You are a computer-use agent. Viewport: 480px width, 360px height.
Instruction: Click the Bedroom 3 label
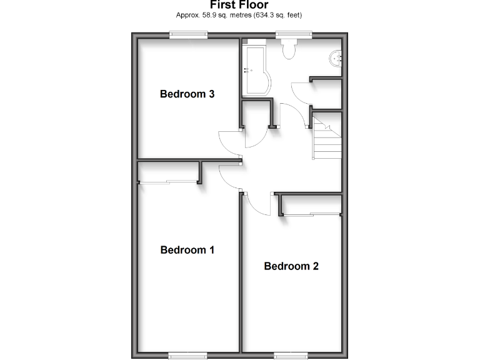point(187,94)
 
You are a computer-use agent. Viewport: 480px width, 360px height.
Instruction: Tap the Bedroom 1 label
point(187,250)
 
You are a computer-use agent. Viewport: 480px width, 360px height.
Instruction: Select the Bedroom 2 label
point(291,266)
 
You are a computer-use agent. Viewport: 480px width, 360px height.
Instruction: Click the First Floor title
point(239,5)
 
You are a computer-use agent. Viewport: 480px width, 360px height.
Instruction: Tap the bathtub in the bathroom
point(255,70)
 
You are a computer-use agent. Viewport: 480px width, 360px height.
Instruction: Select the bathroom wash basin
point(336,58)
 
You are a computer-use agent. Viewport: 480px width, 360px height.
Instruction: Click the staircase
point(327,139)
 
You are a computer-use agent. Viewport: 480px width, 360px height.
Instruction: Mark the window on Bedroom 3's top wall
point(187,36)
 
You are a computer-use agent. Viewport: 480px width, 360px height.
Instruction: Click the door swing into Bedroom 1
point(229,176)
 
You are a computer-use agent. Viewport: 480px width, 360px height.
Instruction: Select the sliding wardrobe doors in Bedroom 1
point(167,182)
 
